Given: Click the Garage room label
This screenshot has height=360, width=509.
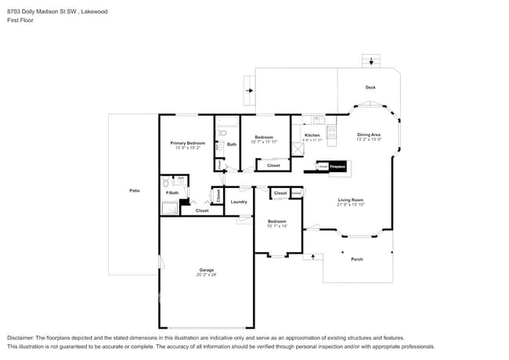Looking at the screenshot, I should pyautogui.click(x=206, y=270).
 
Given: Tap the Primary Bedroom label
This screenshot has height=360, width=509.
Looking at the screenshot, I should pyautogui.click(x=188, y=143).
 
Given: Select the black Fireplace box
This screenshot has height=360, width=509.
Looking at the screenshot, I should pyautogui.click(x=338, y=167).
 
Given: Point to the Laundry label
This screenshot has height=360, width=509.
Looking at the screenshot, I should pyautogui.click(x=239, y=202).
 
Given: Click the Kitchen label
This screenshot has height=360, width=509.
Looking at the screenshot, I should pyautogui.click(x=312, y=135).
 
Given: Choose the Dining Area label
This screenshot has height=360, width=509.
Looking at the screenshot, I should pyautogui.click(x=369, y=135).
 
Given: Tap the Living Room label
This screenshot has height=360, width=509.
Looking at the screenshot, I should pyautogui.click(x=350, y=200).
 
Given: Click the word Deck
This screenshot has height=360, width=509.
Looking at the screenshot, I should pyautogui.click(x=370, y=88).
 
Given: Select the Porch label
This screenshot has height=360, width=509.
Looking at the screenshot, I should pyautogui.click(x=356, y=259).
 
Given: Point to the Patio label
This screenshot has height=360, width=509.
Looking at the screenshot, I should pyautogui.click(x=135, y=191).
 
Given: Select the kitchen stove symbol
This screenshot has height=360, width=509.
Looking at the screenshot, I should pyautogui.click(x=331, y=134).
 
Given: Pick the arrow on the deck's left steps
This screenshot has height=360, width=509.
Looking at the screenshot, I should pyautogui.click(x=249, y=91).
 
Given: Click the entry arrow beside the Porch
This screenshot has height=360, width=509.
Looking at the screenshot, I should pyautogui.click(x=315, y=255).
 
